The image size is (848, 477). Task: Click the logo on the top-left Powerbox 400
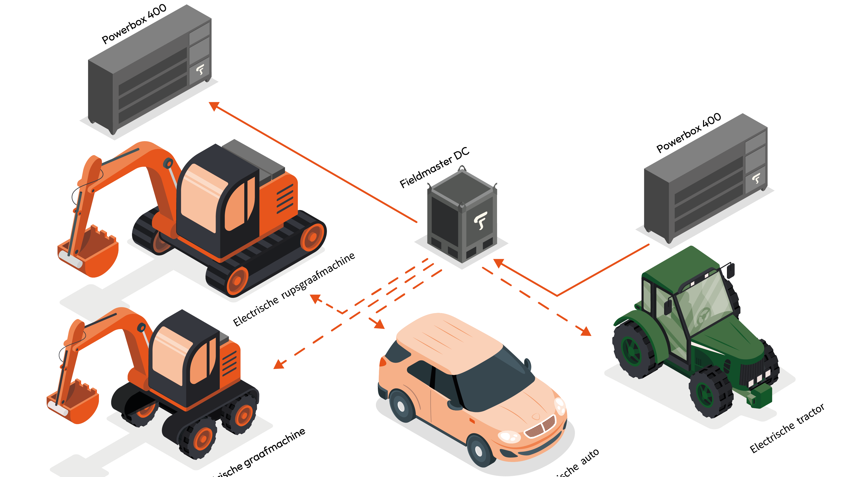point(200,69)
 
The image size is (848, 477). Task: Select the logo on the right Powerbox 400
point(756,178)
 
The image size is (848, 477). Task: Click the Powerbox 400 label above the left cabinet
point(134,24)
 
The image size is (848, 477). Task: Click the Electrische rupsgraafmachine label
point(294,289)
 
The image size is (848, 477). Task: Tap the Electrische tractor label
point(787,428)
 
